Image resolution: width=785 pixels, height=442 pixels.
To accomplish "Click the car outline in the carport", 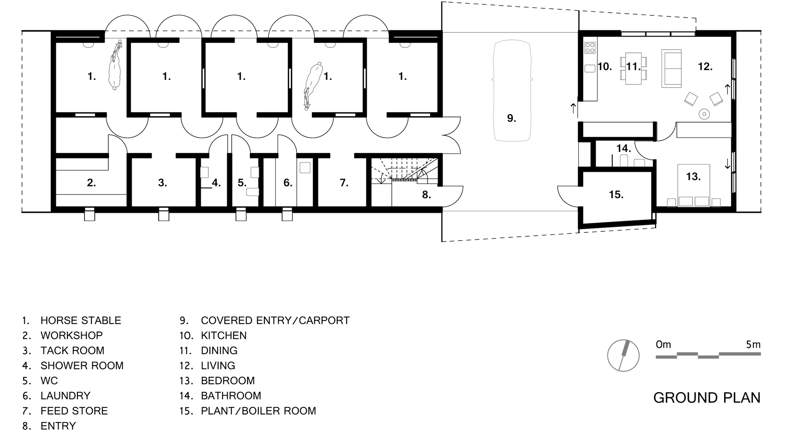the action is point(493,90).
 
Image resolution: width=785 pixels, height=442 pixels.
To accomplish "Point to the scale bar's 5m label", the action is point(753,345).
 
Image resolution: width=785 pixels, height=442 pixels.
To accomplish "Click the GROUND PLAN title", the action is point(707,398).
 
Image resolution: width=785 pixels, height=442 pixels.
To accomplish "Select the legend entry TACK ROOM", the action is point(72,350).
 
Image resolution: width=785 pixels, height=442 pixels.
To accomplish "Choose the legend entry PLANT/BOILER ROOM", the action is point(258,411).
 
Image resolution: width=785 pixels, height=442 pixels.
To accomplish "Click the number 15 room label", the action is point(616,194).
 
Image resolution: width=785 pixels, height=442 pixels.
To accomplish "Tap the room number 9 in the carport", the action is point(511,118).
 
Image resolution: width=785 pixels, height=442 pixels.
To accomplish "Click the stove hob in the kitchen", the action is point(590,48).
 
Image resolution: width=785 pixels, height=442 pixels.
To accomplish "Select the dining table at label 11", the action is point(633,69).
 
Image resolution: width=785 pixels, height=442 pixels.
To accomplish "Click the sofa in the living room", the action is point(672,68).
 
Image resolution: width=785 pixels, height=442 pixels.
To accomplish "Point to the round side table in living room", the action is point(705,114).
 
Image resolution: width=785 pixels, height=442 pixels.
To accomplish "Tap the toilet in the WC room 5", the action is point(253,192).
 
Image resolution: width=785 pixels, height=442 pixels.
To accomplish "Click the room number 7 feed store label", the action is point(344,183).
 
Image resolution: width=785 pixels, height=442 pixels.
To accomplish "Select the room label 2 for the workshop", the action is point(91,183).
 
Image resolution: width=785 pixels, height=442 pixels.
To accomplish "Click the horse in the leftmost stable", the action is point(114,66).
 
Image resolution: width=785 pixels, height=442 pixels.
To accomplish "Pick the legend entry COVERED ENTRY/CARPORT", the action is point(275,321).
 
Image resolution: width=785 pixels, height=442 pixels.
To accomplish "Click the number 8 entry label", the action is point(427,194).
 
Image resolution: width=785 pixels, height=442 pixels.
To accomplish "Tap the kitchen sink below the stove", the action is point(590,68).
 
